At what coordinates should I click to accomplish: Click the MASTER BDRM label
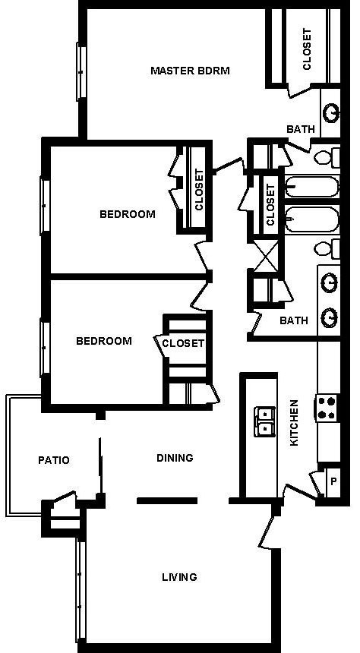pyautogui.click(x=190, y=71)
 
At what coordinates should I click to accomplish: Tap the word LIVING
pyautogui.click(x=179, y=577)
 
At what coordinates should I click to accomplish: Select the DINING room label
pyautogui.click(x=175, y=458)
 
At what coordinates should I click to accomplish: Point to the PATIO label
pyautogui.click(x=54, y=460)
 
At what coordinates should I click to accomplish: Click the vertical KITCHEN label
pyautogui.click(x=295, y=422)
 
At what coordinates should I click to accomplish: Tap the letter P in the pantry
pyautogui.click(x=333, y=481)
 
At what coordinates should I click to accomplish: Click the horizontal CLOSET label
pyautogui.click(x=183, y=343)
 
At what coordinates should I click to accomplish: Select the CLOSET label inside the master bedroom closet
pyautogui.click(x=307, y=49)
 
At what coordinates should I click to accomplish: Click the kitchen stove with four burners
pyautogui.click(x=327, y=409)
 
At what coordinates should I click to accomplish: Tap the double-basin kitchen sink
pyautogui.click(x=264, y=421)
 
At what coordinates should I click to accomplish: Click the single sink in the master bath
pyautogui.click(x=331, y=113)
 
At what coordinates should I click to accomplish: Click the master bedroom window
pyautogui.click(x=80, y=71)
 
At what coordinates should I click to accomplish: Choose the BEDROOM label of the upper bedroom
pyautogui.click(x=127, y=214)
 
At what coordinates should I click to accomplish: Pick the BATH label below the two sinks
pyautogui.click(x=294, y=320)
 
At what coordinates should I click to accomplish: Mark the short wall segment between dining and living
pyautogui.click(x=167, y=500)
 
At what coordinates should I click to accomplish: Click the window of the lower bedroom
pyautogui.click(x=43, y=348)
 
